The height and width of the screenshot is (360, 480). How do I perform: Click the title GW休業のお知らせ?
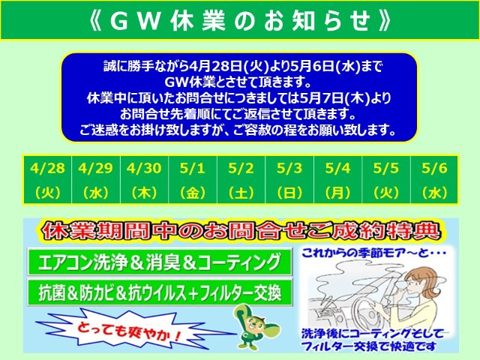240,20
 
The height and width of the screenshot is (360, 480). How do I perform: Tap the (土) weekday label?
240,192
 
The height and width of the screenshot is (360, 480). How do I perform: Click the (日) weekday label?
289,192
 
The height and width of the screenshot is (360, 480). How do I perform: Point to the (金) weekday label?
192,192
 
